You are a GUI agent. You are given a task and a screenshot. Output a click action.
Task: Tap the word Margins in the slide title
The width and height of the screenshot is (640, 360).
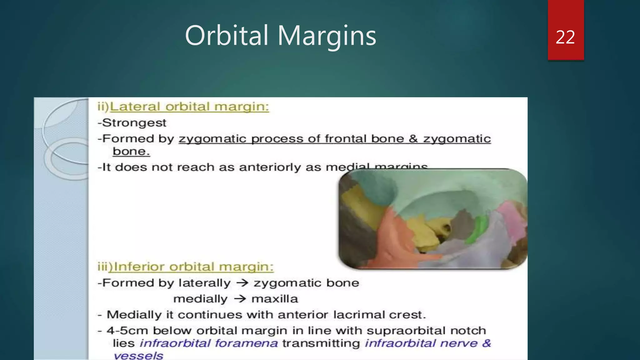pyautogui.click(x=327, y=36)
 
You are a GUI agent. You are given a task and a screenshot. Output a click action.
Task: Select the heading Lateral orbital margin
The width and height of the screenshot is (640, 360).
pyautogui.click(x=189, y=107)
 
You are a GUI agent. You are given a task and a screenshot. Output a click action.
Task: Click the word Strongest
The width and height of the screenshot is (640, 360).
pyautogui.click(x=134, y=123)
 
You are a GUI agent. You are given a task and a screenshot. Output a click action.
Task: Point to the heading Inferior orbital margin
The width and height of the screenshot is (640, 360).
pyautogui.click(x=193, y=267)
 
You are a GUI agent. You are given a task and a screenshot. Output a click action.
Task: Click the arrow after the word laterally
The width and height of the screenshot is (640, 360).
pyautogui.click(x=242, y=283)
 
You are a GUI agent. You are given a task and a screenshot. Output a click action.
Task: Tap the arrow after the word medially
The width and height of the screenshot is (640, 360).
pyautogui.click(x=240, y=299)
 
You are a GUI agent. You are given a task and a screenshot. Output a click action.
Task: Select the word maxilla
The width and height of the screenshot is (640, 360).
pyautogui.click(x=275, y=299)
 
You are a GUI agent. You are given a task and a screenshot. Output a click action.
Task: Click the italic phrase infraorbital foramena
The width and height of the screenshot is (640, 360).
pyautogui.click(x=208, y=343)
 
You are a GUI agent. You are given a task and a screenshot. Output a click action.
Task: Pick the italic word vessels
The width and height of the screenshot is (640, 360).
pyautogui.click(x=138, y=356)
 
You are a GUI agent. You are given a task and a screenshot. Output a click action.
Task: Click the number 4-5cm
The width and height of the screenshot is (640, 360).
pyautogui.click(x=127, y=331)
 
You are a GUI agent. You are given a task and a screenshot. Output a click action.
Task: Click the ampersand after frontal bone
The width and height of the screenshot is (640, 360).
pyautogui.click(x=413, y=139)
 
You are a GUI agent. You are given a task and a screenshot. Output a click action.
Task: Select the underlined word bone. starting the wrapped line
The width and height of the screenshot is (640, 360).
pyautogui.click(x=131, y=152)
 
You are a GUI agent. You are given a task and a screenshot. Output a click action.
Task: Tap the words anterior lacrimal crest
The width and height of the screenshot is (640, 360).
pyautogui.click(x=352, y=315)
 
